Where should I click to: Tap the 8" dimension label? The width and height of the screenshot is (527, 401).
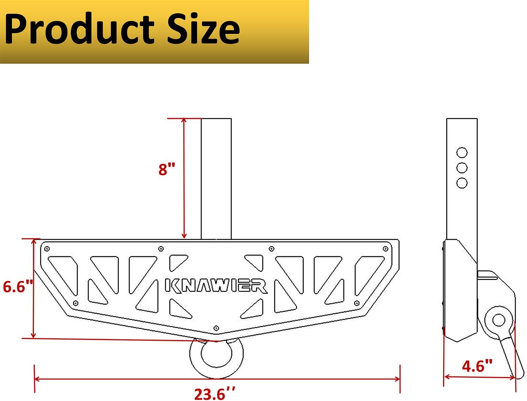click(x=167, y=169)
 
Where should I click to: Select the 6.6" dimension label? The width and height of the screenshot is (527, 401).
click(x=18, y=287)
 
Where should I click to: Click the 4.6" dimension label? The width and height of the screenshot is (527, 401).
click(x=477, y=366)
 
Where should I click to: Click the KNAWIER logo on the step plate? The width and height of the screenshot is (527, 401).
click(x=216, y=286)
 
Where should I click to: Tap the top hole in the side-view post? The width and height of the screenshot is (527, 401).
click(x=462, y=152)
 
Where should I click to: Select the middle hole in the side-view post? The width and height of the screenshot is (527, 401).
click(x=462, y=168)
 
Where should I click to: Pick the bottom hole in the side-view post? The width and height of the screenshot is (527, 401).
click(x=462, y=183)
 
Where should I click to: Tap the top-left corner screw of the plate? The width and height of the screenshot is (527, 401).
click(x=47, y=249)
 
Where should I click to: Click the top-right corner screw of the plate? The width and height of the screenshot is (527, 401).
click(x=385, y=249)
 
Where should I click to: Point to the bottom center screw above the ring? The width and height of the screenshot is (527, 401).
click(x=216, y=328)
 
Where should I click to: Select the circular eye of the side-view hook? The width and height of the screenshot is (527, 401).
click(x=498, y=320)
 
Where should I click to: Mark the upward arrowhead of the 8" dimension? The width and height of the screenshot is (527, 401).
click(x=184, y=120)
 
